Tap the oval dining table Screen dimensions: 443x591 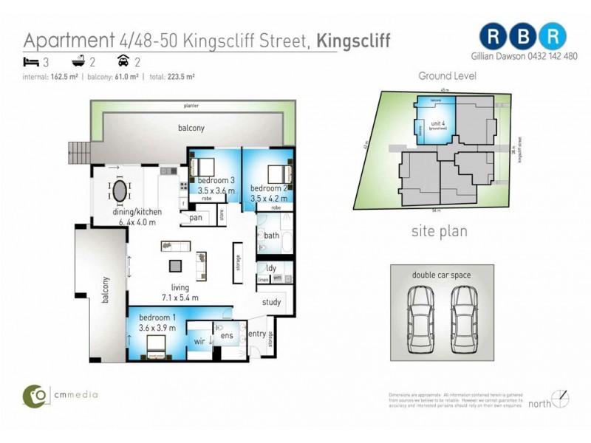click(120, 190)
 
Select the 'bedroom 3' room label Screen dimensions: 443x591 click(216, 180)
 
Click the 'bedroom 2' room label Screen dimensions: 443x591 click(268, 188)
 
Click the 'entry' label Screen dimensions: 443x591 click(257, 334)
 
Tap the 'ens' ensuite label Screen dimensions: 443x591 click(227, 336)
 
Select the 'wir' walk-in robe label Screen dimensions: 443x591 click(199, 341)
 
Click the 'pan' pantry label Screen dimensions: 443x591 click(196, 218)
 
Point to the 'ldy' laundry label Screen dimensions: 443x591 click(271, 268)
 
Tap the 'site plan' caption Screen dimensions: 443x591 click(439, 231)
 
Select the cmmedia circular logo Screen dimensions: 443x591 click(34, 396)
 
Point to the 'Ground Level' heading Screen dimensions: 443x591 click(447, 76)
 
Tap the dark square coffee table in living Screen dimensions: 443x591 click(175, 266)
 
